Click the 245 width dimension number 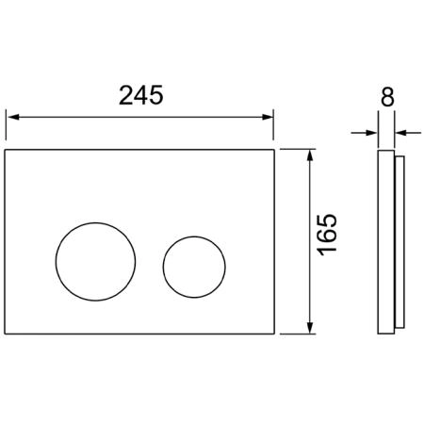[141, 95]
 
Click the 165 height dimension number [327, 235]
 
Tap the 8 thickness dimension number [387, 97]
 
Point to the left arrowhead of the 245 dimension [13, 117]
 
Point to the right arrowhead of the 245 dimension [268, 117]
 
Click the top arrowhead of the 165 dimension [310, 155]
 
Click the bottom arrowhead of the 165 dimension [310, 328]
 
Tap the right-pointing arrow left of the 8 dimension [364, 133]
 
